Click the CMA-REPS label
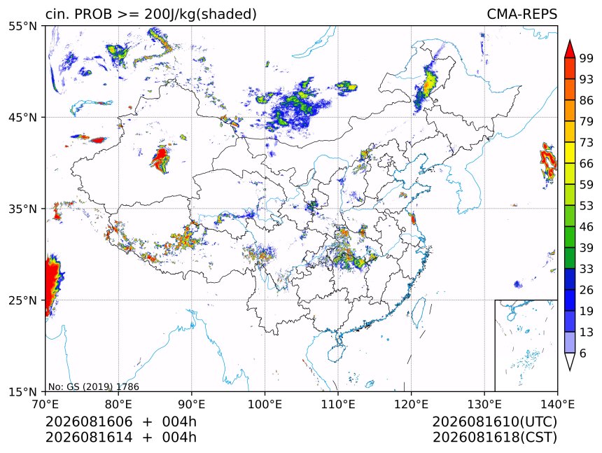tap(521, 14)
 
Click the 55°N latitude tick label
tap(22, 26)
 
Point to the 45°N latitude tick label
tap(22, 117)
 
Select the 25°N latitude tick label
tap(22, 300)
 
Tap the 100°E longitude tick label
tap(265, 404)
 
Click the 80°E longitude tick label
tap(118, 404)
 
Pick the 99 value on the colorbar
tap(587, 58)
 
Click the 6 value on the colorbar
tap(583, 353)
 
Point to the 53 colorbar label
tap(587, 206)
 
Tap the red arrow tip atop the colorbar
tap(569, 41)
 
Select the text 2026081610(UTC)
tap(494, 421)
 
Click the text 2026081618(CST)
tap(494, 438)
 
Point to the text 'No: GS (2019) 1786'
tap(93, 386)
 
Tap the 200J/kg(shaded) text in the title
tap(200, 14)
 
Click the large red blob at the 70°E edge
tap(53, 284)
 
